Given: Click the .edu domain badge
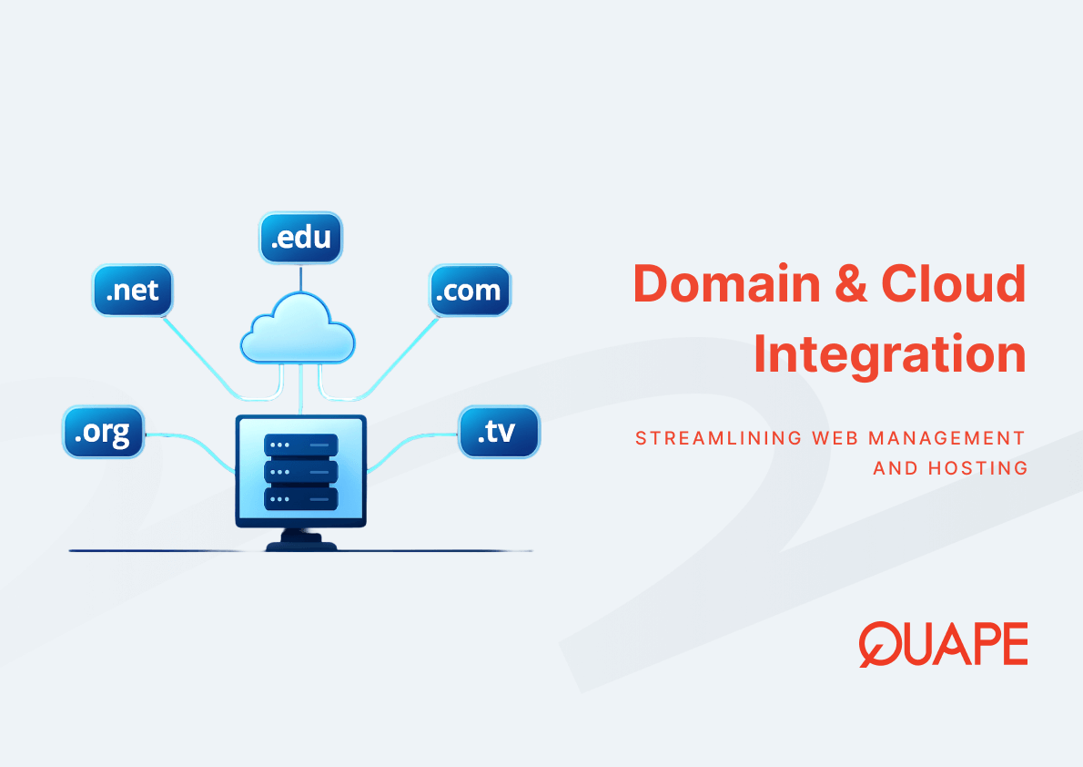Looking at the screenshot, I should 301,238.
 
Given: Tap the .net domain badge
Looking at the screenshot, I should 133,291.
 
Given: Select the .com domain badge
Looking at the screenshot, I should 470,291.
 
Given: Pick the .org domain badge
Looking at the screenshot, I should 104,431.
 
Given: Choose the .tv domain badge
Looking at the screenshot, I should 499,431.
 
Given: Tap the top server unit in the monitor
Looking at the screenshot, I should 300,445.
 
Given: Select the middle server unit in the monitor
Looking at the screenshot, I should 300,472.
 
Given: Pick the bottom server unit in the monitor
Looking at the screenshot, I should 300,498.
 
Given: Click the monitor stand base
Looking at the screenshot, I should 301,545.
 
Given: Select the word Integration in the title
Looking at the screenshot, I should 889,355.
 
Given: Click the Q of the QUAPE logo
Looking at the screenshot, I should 879,644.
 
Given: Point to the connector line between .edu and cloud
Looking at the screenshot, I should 301,277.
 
